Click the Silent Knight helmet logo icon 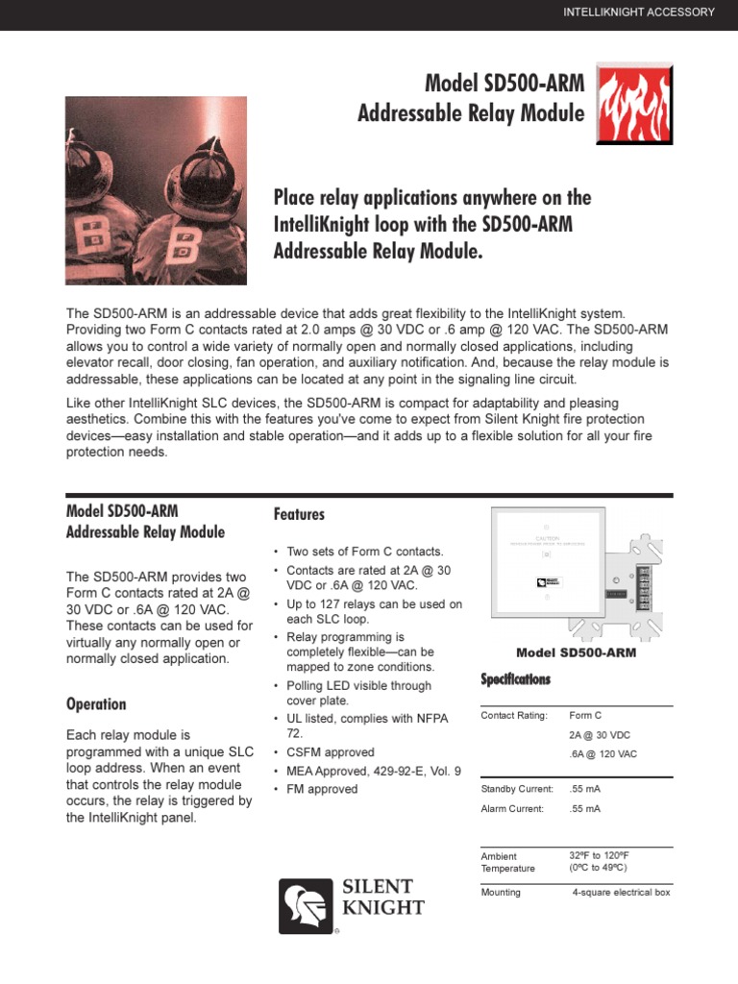pyautogui.click(x=306, y=905)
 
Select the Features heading pyautogui.click(x=299, y=514)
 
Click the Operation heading pyautogui.click(x=96, y=703)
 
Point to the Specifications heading pyautogui.click(x=515, y=679)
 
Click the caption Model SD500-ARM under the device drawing pyautogui.click(x=576, y=652)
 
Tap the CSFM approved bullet pyautogui.click(x=331, y=752)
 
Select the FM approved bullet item pyautogui.click(x=322, y=789)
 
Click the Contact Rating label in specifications pyautogui.click(x=513, y=716)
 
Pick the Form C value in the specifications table pyautogui.click(x=585, y=716)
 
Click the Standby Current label pyautogui.click(x=517, y=789)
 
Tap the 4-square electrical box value pyautogui.click(x=621, y=892)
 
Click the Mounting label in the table pyautogui.click(x=501, y=892)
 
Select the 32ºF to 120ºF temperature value pyautogui.click(x=599, y=855)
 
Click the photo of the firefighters pyautogui.click(x=156, y=190)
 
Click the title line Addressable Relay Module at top pyautogui.click(x=471, y=113)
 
